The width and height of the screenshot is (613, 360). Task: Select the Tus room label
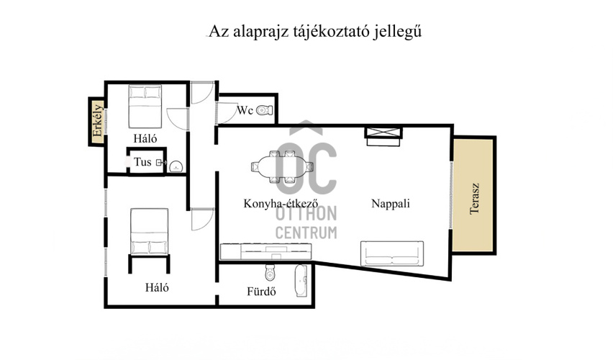(x=142, y=162)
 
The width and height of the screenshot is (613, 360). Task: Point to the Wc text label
(x=245, y=110)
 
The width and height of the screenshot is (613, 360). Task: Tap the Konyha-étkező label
(x=271, y=204)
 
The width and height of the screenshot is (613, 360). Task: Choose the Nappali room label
(x=391, y=204)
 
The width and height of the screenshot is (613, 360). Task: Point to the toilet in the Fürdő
(x=271, y=274)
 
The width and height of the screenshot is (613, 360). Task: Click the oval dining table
(x=283, y=166)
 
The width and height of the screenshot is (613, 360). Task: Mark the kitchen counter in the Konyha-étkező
(x=266, y=251)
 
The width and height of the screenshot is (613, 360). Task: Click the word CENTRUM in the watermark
(x=306, y=232)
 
